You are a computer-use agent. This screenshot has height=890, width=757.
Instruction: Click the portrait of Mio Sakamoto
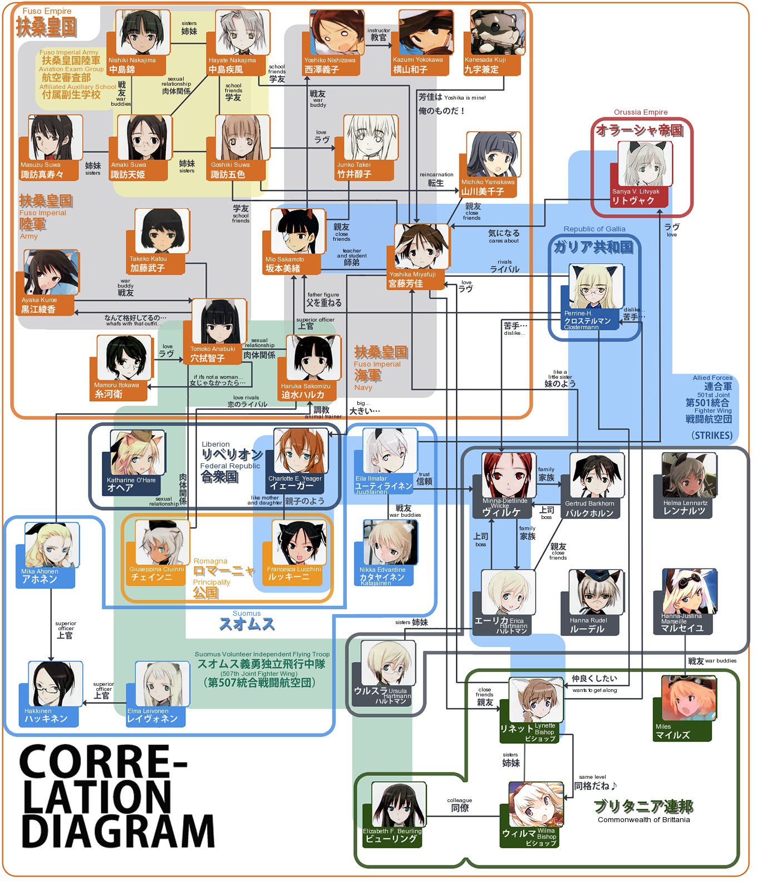(298, 232)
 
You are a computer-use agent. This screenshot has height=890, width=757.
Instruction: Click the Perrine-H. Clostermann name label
(587, 320)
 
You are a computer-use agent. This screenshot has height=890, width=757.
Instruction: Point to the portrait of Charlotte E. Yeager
(301, 451)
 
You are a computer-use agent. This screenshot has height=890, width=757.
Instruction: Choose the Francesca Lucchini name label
(293, 573)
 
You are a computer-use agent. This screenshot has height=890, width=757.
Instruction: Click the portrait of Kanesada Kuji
(497, 32)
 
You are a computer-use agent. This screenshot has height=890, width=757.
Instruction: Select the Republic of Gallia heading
(594, 229)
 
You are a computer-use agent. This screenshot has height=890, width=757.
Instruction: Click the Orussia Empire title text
(640, 112)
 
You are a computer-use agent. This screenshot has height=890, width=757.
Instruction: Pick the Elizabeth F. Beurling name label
(392, 835)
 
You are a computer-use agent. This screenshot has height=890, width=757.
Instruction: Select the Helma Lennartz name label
(685, 507)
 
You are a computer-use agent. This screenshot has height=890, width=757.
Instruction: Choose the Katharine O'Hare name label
(131, 483)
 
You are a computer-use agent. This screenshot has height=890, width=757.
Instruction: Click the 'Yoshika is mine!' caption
(465, 98)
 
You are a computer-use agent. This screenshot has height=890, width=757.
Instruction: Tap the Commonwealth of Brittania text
(643, 820)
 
